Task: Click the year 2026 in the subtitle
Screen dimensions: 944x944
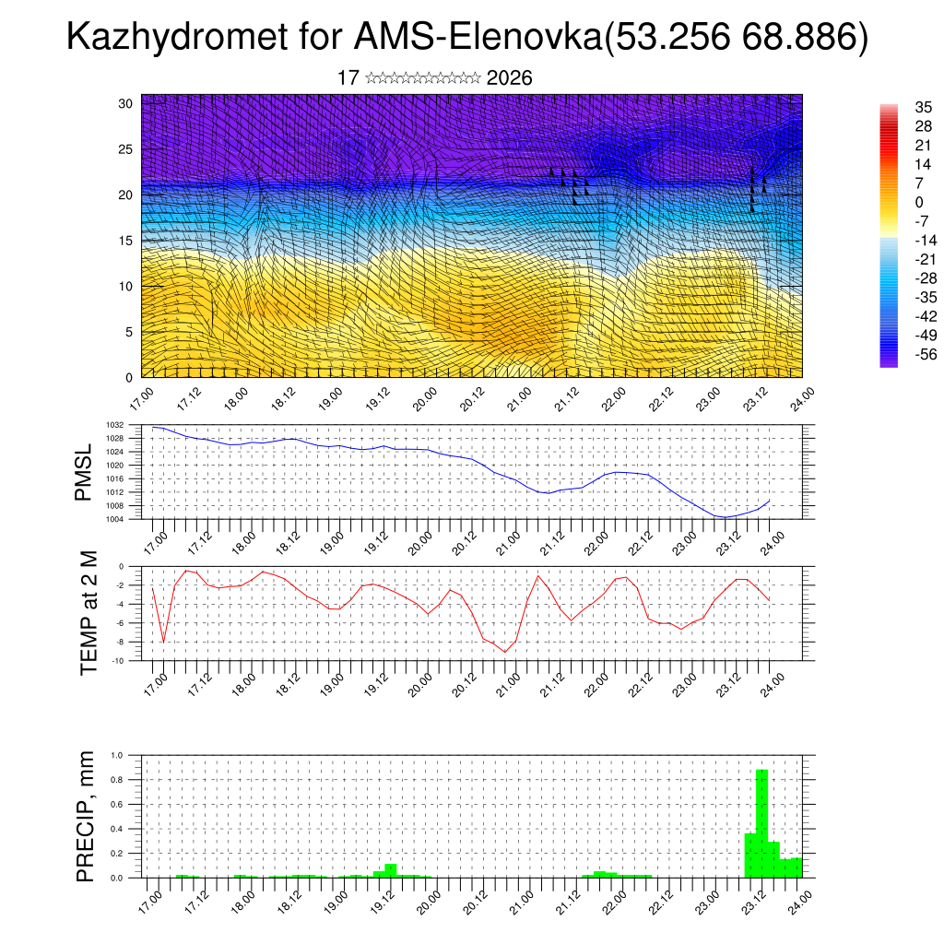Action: pos(509,78)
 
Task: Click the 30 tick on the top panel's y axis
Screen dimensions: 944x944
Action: pos(126,103)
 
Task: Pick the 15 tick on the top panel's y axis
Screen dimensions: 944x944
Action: pos(126,241)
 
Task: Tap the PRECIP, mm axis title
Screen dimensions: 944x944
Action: pos(86,815)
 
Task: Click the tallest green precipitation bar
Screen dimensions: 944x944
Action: pos(761,823)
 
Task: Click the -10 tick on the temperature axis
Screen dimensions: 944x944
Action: pos(131,661)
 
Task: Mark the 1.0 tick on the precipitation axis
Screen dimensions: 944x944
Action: pos(130,755)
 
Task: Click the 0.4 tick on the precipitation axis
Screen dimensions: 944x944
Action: pos(130,829)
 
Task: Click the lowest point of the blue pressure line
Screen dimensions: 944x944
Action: pos(725,517)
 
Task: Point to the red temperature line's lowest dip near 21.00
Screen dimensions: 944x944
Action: pos(504,652)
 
